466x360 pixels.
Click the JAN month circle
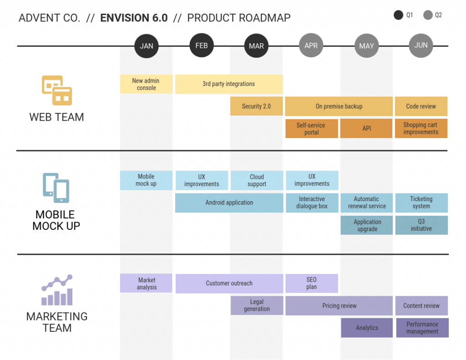pyautogui.click(x=146, y=46)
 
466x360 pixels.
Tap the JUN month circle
pyautogui.click(x=421, y=46)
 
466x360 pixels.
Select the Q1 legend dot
pyautogui.click(x=399, y=15)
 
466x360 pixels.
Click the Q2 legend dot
pyautogui.click(x=428, y=15)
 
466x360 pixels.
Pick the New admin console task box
pyautogui.click(x=146, y=84)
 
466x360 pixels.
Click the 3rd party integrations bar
pyautogui.click(x=229, y=84)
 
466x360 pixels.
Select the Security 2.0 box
pyautogui.click(x=256, y=106)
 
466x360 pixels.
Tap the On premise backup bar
pyautogui.click(x=339, y=106)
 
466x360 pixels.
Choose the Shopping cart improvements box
pyautogui.click(x=421, y=128)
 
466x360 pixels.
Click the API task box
pyautogui.click(x=366, y=128)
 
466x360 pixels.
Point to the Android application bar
pyautogui.click(x=229, y=203)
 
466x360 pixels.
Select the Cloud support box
pyautogui.click(x=257, y=181)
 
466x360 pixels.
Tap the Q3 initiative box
pyautogui.click(x=421, y=225)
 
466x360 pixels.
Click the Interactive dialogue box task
pyautogui.click(x=312, y=203)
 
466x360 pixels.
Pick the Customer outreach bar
pyautogui.click(x=229, y=284)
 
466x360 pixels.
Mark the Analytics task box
pyautogui.click(x=367, y=328)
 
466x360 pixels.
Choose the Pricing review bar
pyautogui.click(x=339, y=306)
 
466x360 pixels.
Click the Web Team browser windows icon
pyautogui.click(x=57, y=90)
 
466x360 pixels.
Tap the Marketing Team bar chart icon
pyautogui.click(x=57, y=290)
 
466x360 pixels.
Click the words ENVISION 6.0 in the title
pyautogui.click(x=134, y=18)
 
